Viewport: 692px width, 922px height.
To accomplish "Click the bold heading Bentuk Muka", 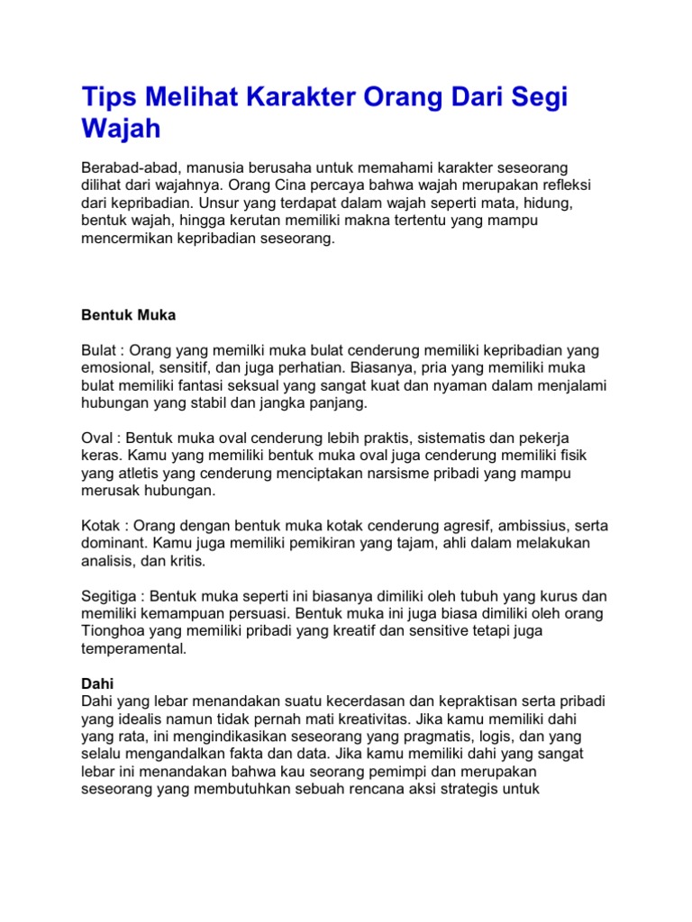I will [x=129, y=316].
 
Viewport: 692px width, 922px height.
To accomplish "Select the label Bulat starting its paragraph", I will [x=99, y=350].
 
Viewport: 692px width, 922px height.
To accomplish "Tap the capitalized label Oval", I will [x=97, y=438].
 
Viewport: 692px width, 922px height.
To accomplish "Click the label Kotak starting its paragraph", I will [x=100, y=525].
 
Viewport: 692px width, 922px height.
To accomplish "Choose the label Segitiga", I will [x=111, y=596].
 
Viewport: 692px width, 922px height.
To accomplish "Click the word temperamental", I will [x=134, y=648].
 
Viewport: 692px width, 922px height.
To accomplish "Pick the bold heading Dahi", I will [x=97, y=684].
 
